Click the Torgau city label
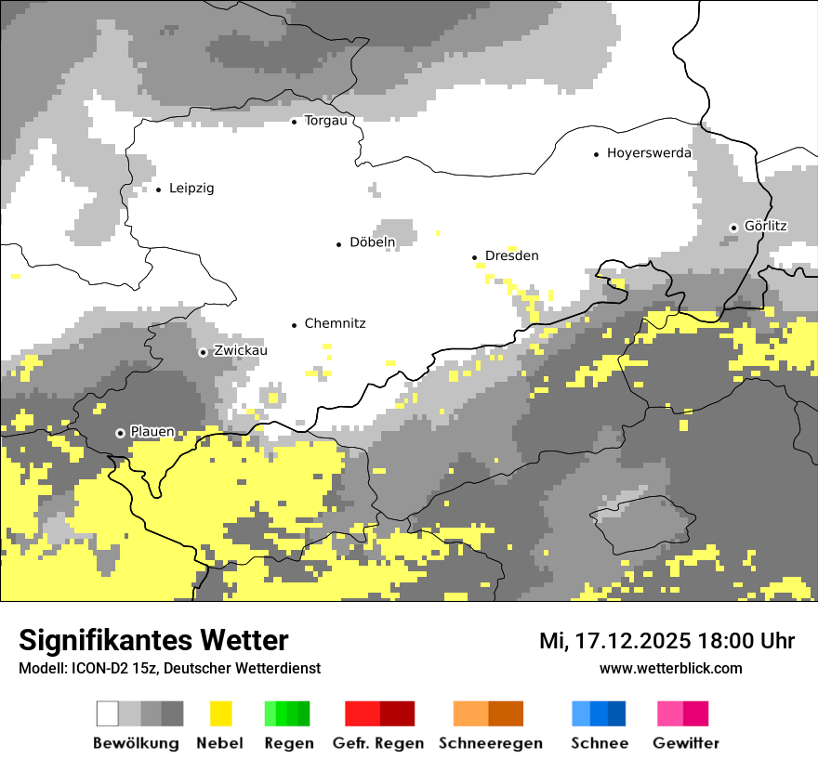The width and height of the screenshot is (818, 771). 325,121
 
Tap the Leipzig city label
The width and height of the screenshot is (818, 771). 191,189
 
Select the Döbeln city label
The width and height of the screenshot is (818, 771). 372,242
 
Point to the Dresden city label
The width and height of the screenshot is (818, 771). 511,256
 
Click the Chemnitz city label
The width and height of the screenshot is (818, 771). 335,324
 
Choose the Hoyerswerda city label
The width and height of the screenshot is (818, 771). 649,153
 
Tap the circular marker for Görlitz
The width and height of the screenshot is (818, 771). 733,228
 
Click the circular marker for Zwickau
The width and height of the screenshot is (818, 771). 203,352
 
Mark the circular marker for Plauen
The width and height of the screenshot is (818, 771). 120,433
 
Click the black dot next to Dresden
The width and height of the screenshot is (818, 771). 474,257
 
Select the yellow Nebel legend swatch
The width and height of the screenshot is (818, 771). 220,713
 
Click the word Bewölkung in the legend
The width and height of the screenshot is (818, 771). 136,743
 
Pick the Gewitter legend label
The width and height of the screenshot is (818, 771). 686,743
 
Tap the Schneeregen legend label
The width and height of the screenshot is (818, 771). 491,743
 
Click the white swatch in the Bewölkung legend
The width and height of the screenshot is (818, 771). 108,713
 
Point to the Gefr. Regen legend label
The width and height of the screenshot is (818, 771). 378,743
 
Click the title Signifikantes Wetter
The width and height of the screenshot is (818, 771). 153,640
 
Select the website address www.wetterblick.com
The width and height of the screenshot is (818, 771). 670,668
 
